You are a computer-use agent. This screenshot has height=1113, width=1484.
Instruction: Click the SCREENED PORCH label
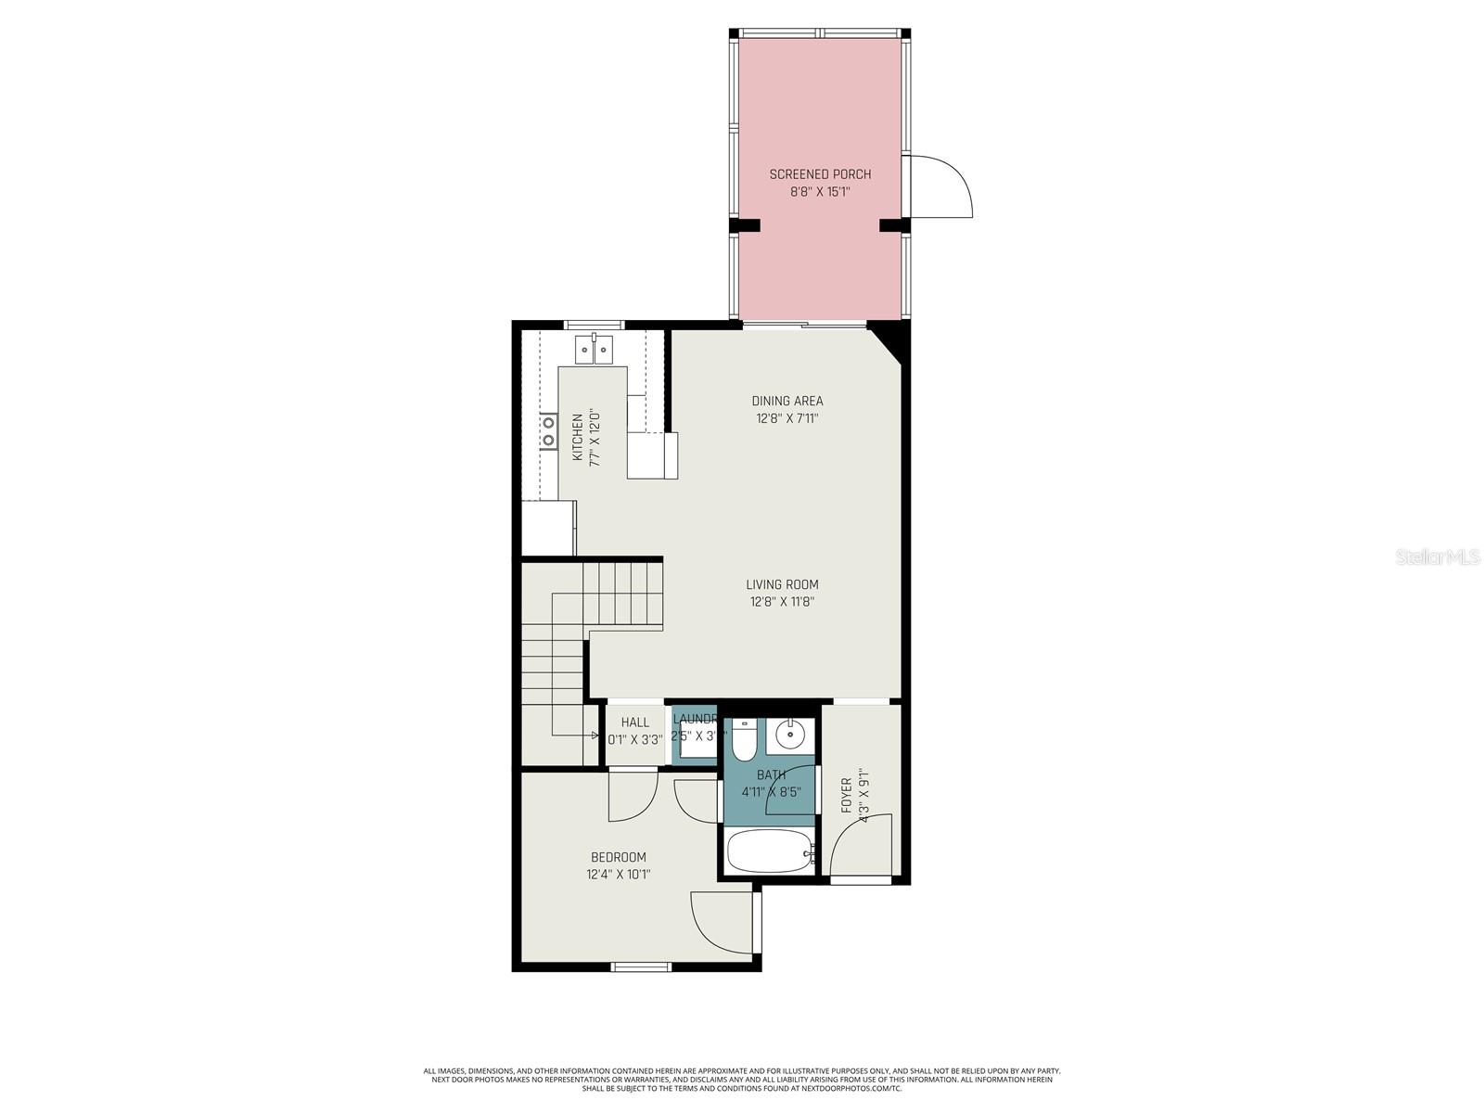point(820,174)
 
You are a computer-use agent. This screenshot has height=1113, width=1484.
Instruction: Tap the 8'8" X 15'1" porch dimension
point(820,192)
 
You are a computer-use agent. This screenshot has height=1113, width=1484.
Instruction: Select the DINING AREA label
point(787,401)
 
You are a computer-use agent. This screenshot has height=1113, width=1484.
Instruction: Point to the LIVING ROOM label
point(782,584)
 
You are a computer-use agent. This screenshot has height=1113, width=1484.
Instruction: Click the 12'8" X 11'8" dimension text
point(782,602)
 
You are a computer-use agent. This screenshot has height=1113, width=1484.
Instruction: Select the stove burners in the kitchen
point(549,430)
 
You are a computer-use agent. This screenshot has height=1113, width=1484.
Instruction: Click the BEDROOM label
point(619,857)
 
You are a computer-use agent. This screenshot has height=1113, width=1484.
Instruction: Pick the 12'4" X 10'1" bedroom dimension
point(619,875)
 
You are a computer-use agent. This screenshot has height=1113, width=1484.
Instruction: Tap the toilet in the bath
point(744,742)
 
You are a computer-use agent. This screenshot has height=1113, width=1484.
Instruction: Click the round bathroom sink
point(790,736)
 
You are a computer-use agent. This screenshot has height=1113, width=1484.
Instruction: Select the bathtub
point(770,851)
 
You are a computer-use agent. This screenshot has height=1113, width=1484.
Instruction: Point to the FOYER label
point(846,796)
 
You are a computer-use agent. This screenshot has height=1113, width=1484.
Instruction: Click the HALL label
point(635,723)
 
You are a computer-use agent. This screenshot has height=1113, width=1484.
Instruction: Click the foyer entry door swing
point(861,846)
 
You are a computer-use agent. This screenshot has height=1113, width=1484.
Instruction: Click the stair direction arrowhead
point(595,736)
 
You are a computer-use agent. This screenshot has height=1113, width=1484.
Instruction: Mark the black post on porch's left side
point(745,224)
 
